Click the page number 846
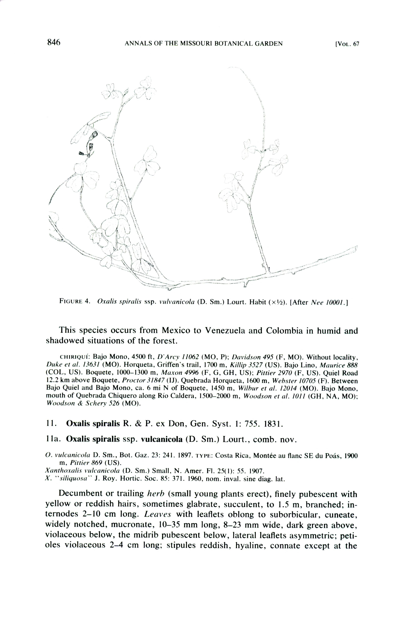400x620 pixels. click(x=54, y=42)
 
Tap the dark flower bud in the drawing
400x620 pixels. click(x=94, y=134)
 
